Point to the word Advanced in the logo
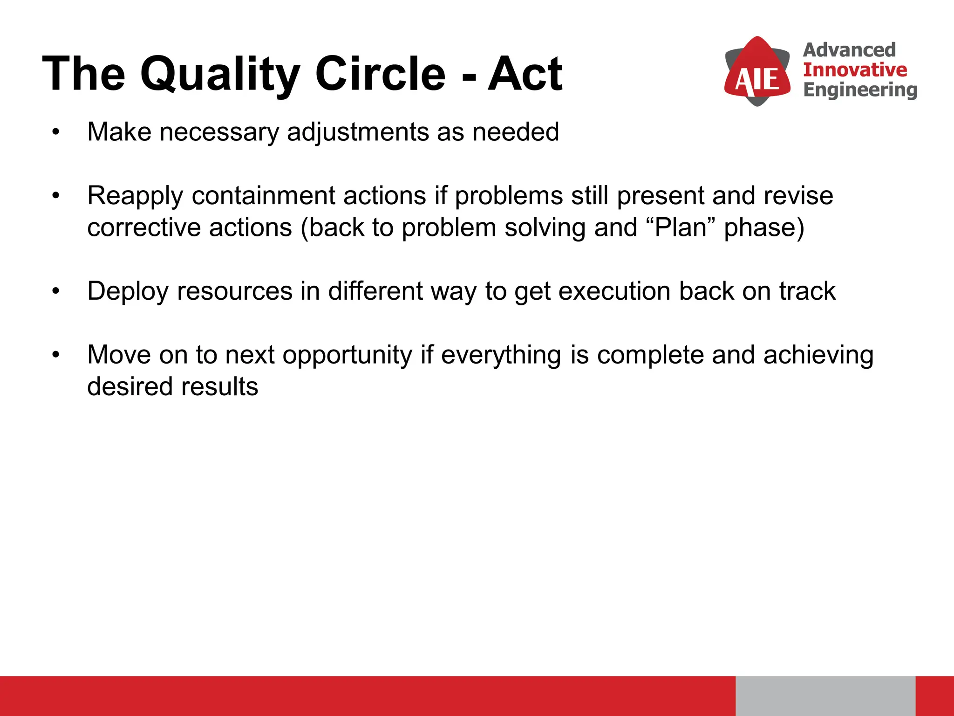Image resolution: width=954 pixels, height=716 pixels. coord(849,50)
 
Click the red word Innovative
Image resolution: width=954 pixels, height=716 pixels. coord(855,70)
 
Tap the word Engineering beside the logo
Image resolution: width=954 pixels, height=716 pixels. coord(860,90)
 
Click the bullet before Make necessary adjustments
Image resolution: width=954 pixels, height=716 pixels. coord(56,132)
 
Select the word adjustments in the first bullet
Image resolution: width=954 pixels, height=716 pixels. coord(358,132)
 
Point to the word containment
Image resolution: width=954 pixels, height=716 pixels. coord(263,196)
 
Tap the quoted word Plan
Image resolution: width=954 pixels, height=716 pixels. coord(681,227)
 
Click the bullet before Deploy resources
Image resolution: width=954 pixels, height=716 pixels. coord(56,291)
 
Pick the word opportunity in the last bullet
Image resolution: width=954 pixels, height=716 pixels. coord(348,355)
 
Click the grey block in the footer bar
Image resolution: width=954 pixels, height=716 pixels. coord(825,695)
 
